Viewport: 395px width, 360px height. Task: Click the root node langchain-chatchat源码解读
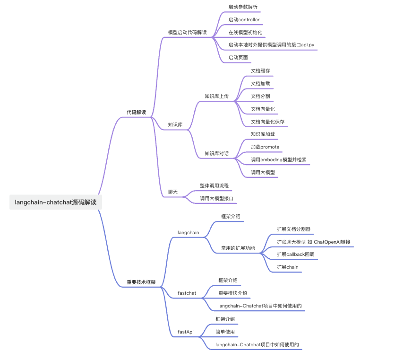point(56,202)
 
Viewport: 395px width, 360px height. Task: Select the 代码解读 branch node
point(136,113)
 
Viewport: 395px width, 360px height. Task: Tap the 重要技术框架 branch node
point(141,282)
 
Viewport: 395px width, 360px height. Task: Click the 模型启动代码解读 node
point(187,32)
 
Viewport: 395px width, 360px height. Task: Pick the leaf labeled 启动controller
point(244,20)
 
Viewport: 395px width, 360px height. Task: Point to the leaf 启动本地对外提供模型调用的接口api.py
point(271,45)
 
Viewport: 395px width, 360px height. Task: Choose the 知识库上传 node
point(216,96)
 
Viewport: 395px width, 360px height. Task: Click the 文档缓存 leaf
point(260,71)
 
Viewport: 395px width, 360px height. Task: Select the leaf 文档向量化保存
point(267,122)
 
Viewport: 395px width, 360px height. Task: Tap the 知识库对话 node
point(216,154)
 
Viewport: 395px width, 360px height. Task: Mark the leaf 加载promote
point(265,147)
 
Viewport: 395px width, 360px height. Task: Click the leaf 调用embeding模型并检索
point(278,160)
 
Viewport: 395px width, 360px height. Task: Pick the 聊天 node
point(173,192)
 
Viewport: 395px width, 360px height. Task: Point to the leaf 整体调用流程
point(214,186)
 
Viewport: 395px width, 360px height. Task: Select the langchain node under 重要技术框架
point(188,233)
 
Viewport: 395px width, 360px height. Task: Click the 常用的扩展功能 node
point(238,248)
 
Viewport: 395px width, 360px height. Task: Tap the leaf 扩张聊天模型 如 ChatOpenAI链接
point(313,242)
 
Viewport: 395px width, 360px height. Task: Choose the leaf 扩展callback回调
point(295,255)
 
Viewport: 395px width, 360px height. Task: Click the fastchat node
point(187,293)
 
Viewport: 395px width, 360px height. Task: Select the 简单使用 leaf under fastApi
point(225,332)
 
